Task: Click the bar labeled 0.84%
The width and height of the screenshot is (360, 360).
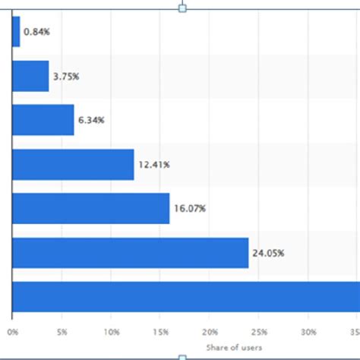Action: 16,32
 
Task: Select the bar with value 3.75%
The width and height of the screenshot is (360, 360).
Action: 30,76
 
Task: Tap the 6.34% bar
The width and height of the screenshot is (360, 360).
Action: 43,120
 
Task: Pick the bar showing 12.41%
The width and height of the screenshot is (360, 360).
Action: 73,164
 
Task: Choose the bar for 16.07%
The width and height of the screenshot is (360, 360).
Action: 91,208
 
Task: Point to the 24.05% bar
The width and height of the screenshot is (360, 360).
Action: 131,253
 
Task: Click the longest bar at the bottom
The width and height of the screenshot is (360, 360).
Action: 186,297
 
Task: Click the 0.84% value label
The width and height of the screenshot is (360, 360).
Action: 36,32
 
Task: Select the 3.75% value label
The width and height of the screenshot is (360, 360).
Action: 66,76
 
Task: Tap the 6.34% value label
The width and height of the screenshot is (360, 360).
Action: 91,120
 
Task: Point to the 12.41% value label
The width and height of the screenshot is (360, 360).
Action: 153,164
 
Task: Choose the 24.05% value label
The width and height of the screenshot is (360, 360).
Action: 268,253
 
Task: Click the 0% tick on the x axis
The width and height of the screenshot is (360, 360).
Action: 13,332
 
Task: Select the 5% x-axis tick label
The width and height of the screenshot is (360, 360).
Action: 62,332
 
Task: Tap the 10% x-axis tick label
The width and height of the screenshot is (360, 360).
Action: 112,332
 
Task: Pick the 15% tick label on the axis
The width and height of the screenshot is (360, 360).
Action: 161,332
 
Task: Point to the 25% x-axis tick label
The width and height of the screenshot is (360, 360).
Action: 260,332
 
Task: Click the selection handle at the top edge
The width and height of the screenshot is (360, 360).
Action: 182,7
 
